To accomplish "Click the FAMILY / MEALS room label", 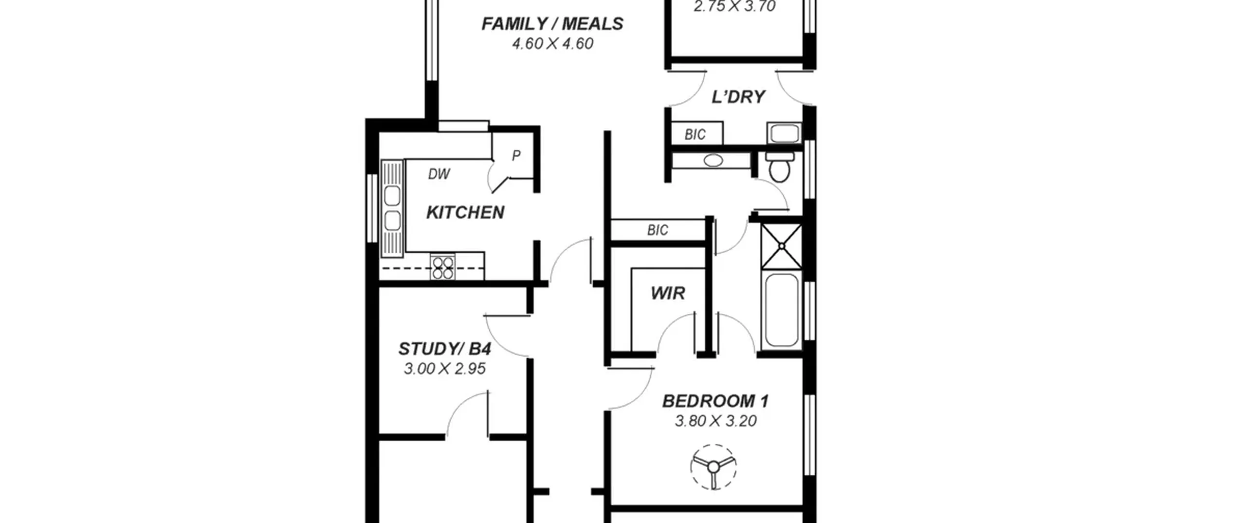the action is click(552, 24).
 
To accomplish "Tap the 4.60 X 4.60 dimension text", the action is click(552, 44).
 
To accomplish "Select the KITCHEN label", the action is click(465, 213).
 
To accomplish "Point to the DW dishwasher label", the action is click(439, 174).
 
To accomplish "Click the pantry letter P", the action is click(516, 156).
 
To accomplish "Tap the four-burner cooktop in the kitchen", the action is click(443, 267).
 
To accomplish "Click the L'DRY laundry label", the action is click(738, 97).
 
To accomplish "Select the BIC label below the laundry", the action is click(695, 134).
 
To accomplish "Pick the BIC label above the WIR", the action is click(658, 230).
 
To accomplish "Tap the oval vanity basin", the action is click(713, 160).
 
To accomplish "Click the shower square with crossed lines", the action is click(781, 246).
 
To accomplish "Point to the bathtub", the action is click(781, 310).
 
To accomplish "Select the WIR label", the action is click(668, 293).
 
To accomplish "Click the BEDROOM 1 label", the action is click(715, 401).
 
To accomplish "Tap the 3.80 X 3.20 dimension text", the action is click(715, 421).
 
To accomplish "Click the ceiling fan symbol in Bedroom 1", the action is click(713, 467).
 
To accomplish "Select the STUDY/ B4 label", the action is click(445, 349).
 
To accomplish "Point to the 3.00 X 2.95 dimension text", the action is click(445, 369).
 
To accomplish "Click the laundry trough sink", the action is click(784, 133).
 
